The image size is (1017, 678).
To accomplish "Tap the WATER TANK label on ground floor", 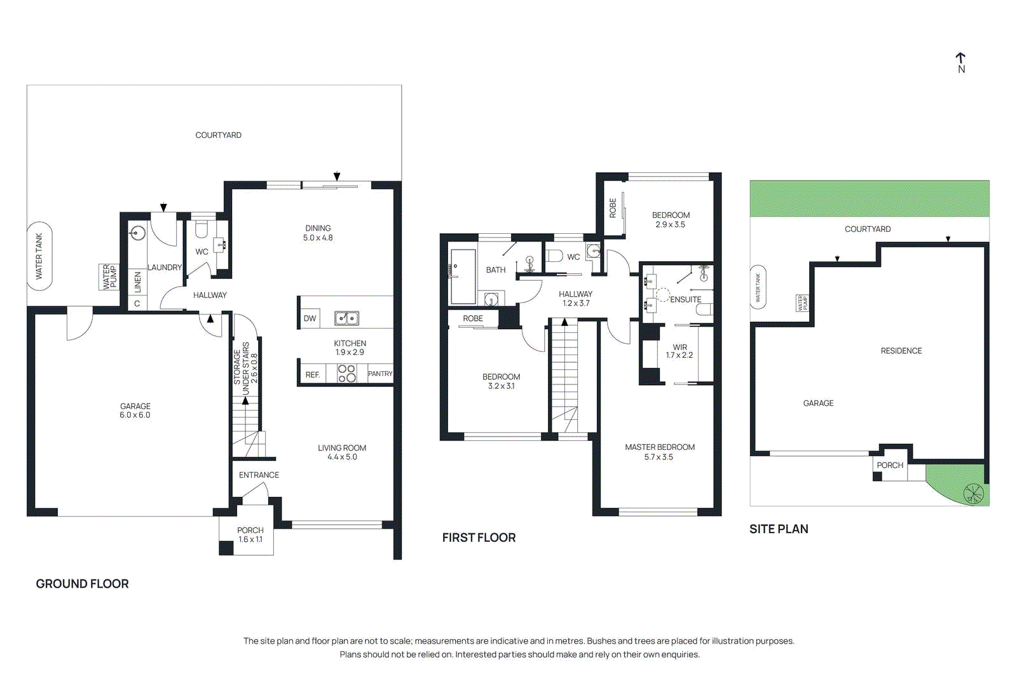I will click(x=39, y=256).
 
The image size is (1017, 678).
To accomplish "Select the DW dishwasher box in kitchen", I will click(x=310, y=318).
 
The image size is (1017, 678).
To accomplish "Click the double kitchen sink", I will click(x=347, y=318).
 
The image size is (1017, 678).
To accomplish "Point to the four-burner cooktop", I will click(x=346, y=374).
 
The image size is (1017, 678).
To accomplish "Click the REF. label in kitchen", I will click(x=312, y=375).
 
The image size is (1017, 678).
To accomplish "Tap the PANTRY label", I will click(x=380, y=374).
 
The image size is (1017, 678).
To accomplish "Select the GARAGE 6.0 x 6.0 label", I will click(x=135, y=410).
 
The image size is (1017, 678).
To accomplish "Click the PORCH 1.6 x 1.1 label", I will click(x=250, y=534).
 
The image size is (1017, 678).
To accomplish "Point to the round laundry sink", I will click(x=137, y=233).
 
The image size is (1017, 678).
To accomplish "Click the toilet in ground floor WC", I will click(x=201, y=229).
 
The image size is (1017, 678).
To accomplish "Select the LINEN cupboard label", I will click(x=137, y=282).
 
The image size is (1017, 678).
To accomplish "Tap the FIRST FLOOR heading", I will click(x=479, y=538).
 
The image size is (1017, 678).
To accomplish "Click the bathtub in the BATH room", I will click(x=463, y=276).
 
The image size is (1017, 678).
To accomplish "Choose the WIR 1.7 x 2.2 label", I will click(x=679, y=351).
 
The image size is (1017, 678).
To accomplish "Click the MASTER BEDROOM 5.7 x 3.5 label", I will click(x=659, y=452).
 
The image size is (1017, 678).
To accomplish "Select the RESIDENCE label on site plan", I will click(x=901, y=351).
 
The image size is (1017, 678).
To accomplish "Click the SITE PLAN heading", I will click(x=779, y=529).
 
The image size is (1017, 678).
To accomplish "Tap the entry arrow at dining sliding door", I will click(x=337, y=177).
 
